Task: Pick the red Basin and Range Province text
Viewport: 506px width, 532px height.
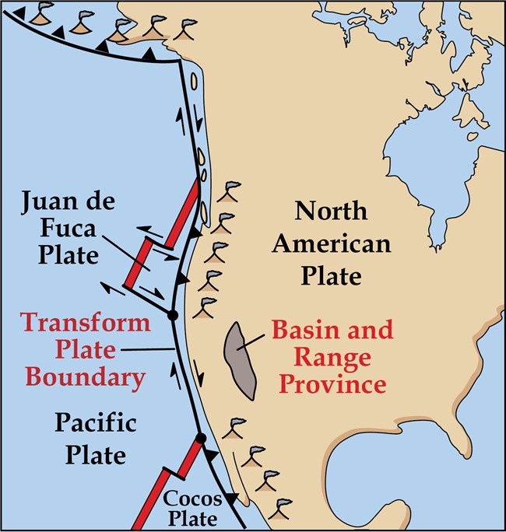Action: (332, 357)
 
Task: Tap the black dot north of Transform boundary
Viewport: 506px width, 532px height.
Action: (173, 314)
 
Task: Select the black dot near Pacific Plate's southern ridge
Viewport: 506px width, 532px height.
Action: (201, 439)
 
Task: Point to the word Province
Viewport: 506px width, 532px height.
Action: (332, 384)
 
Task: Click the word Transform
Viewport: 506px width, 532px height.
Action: (86, 323)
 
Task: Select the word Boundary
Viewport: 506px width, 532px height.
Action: (86, 378)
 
